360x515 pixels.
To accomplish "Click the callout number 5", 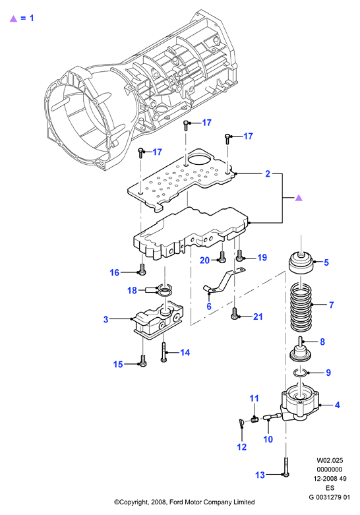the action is click(x=326, y=262).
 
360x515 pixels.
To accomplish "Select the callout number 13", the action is click(x=260, y=475).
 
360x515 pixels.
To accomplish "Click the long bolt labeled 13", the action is click(x=286, y=466).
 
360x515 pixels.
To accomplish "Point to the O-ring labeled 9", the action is click(x=299, y=373).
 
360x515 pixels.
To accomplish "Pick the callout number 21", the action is click(x=258, y=317).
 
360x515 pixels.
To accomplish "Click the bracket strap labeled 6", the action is click(x=224, y=280).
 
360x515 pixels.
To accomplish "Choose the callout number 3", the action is click(x=105, y=319).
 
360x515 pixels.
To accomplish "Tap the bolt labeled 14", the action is click(x=164, y=351).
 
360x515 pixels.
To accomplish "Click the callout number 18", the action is click(x=132, y=290).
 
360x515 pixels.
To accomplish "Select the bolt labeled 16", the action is click(x=142, y=269).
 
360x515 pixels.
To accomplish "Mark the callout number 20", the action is click(x=204, y=260).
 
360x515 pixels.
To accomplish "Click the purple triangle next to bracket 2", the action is click(x=299, y=198).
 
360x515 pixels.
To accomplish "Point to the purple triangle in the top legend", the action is click(x=13, y=18).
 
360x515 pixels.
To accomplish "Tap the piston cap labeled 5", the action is click(x=301, y=262).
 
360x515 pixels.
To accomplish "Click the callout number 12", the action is click(x=242, y=446).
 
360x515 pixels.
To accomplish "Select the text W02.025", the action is click(x=330, y=460).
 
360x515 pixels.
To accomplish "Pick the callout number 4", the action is click(x=338, y=405).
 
